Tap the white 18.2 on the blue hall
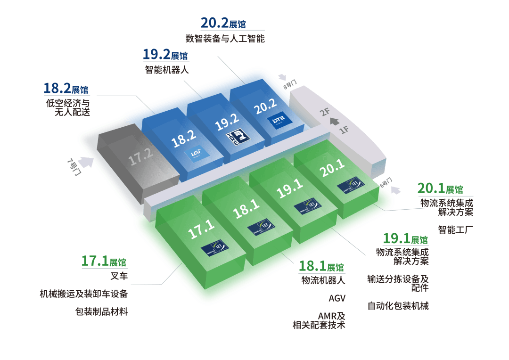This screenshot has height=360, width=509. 184,139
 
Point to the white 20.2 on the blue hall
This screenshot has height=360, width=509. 265,109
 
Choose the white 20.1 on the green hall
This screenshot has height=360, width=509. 331,168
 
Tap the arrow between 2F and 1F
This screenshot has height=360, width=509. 335,122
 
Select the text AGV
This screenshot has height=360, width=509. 337,298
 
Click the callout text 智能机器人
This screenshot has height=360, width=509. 166,70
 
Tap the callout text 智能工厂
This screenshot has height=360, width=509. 455,229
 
